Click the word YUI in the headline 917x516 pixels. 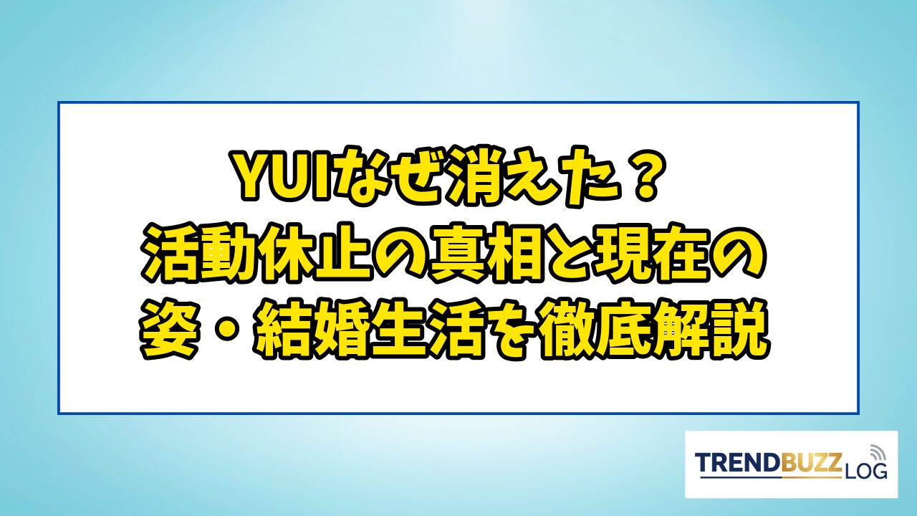pyautogui.click(x=281, y=177)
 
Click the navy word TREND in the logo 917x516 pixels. pyautogui.click(x=738, y=464)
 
